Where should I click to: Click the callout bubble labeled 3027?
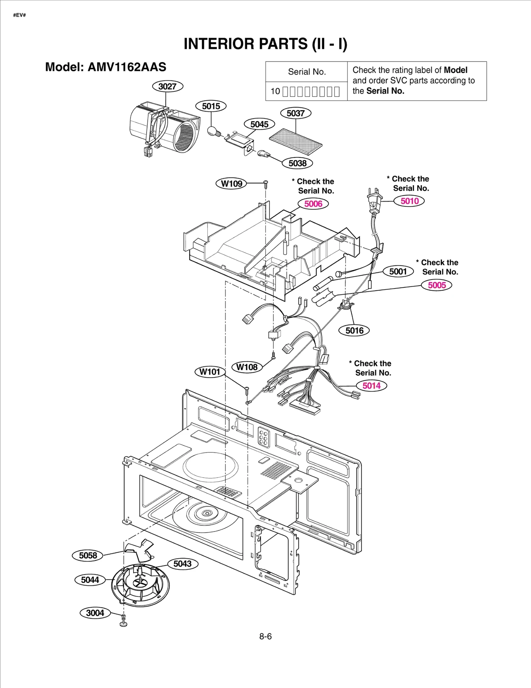(x=168, y=86)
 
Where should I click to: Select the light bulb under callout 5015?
(x=212, y=131)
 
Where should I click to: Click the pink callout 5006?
(x=313, y=203)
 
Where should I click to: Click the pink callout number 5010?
(x=409, y=201)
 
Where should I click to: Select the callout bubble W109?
(x=231, y=183)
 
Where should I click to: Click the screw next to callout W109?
(x=265, y=184)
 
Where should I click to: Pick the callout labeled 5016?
(x=354, y=330)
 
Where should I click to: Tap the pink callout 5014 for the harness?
(x=371, y=385)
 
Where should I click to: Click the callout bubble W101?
(x=210, y=371)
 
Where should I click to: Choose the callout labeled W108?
(x=247, y=367)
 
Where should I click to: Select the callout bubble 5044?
(x=90, y=579)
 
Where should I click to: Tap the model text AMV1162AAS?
(x=127, y=67)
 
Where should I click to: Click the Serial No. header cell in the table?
(x=307, y=72)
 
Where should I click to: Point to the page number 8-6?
(x=265, y=636)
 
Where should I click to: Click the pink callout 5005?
(x=436, y=285)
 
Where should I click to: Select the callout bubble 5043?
(x=183, y=564)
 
